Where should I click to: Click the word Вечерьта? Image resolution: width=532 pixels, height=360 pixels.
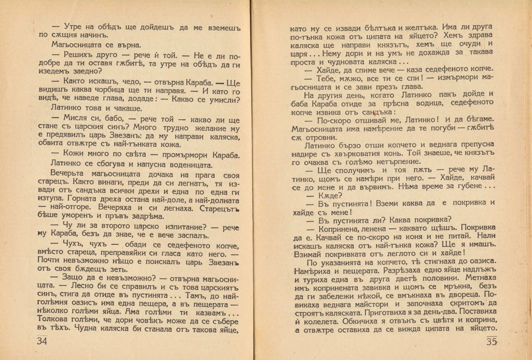point(68,174)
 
